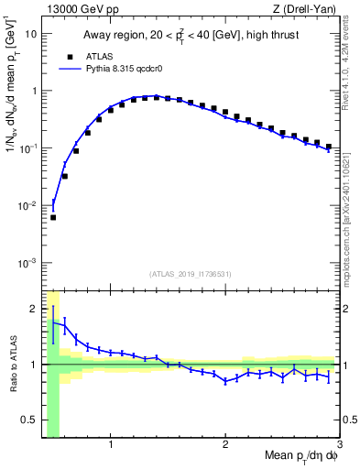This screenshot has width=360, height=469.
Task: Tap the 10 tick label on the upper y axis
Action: click(x=31, y=34)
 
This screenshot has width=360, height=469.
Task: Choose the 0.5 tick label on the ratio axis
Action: click(x=30, y=420)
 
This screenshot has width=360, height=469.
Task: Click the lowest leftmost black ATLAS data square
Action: click(x=53, y=218)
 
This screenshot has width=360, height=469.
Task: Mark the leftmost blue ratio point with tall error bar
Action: click(x=53, y=322)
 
